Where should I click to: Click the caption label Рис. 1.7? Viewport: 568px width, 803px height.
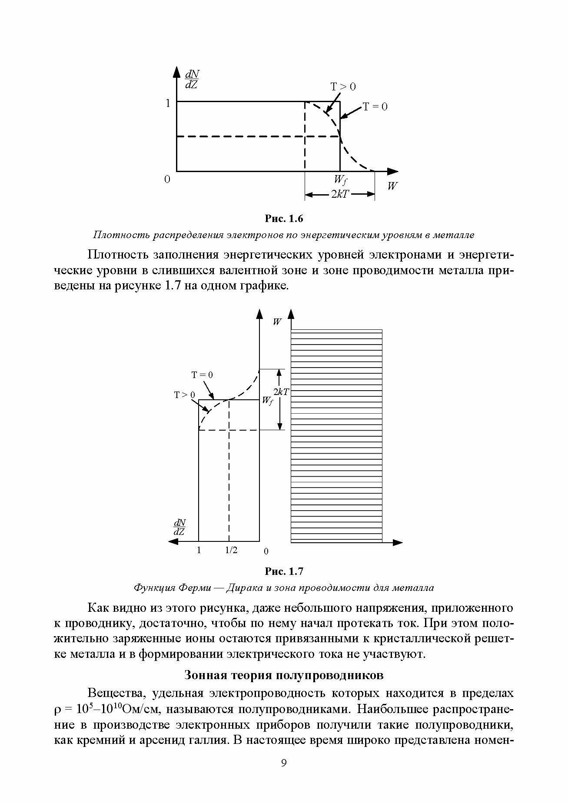pos(283,571)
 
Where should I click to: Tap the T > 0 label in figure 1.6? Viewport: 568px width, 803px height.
pos(343,87)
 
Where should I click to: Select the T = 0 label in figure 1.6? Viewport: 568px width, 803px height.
pos(375,106)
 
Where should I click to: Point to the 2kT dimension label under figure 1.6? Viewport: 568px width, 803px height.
pos(339,195)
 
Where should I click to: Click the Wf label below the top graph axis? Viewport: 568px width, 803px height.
pos(340,179)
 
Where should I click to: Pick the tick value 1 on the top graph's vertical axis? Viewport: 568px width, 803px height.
pos(167,103)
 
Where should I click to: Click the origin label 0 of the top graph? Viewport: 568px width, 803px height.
pos(167,179)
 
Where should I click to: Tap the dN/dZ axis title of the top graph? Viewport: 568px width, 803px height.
pos(191,80)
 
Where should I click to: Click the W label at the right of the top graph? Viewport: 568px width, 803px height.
pos(392,186)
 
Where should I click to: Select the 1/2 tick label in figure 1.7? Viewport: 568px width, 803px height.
pos(231,551)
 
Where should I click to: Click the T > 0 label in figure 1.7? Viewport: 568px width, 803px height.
pos(184,395)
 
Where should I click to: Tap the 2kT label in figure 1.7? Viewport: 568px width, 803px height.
pos(281,392)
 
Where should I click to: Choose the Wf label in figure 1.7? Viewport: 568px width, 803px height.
pos(267,401)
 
